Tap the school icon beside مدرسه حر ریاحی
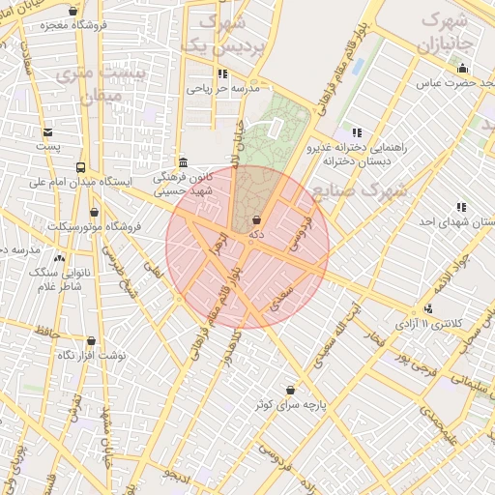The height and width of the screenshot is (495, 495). click(x=222, y=73)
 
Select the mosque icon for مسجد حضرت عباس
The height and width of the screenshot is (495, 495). click(x=463, y=69)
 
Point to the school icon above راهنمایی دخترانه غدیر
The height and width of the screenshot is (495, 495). click(x=357, y=132)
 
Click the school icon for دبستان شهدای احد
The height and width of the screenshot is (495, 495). click(x=461, y=207)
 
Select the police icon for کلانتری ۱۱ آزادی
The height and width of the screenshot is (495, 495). click(x=428, y=308)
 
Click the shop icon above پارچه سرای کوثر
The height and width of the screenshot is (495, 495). click(x=290, y=390)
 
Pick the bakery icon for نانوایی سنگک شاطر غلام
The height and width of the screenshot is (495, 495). click(x=60, y=258)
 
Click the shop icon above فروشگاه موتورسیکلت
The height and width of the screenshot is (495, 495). click(x=94, y=212)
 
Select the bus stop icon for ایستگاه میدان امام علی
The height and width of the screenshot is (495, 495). click(x=80, y=166)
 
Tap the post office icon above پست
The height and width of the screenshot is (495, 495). click(x=47, y=132)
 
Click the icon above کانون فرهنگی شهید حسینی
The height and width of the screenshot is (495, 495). click(x=184, y=162)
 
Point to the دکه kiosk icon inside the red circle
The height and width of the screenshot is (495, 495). click(x=256, y=220)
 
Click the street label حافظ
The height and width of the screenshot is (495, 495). click(x=46, y=333)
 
